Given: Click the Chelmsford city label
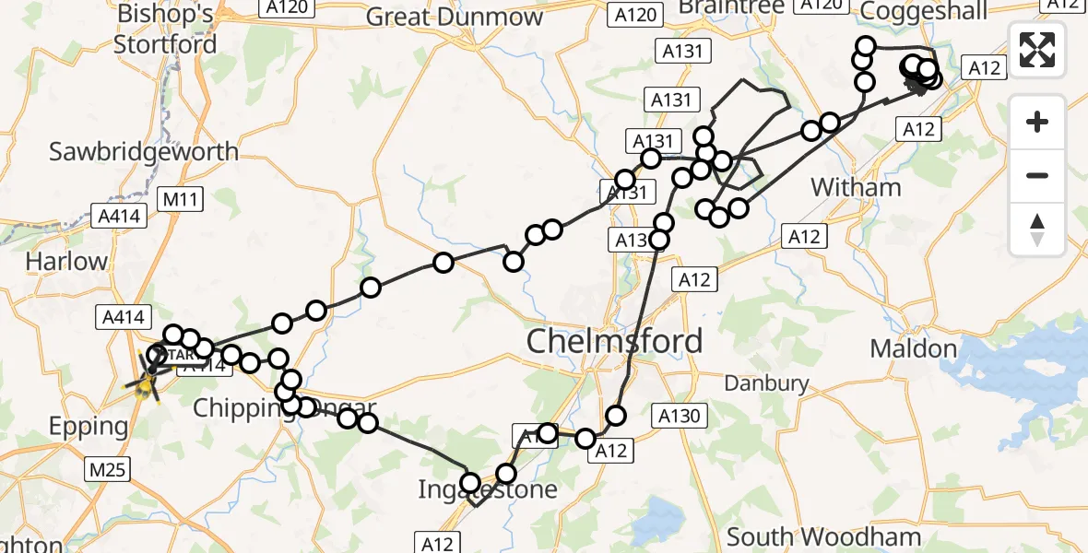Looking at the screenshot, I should pos(614,341).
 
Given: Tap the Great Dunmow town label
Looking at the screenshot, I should pos(455,17).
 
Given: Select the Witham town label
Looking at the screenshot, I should pos(856,187).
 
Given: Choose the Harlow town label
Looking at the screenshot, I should pos(66,261).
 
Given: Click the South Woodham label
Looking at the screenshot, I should pos(824,536).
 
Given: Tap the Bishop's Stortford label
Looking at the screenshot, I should pos(166,29).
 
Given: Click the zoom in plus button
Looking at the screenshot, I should pos(1037,122).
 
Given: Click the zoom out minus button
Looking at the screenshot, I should pos(1037,175).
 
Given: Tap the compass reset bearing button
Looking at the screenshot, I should pos(1037,229).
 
